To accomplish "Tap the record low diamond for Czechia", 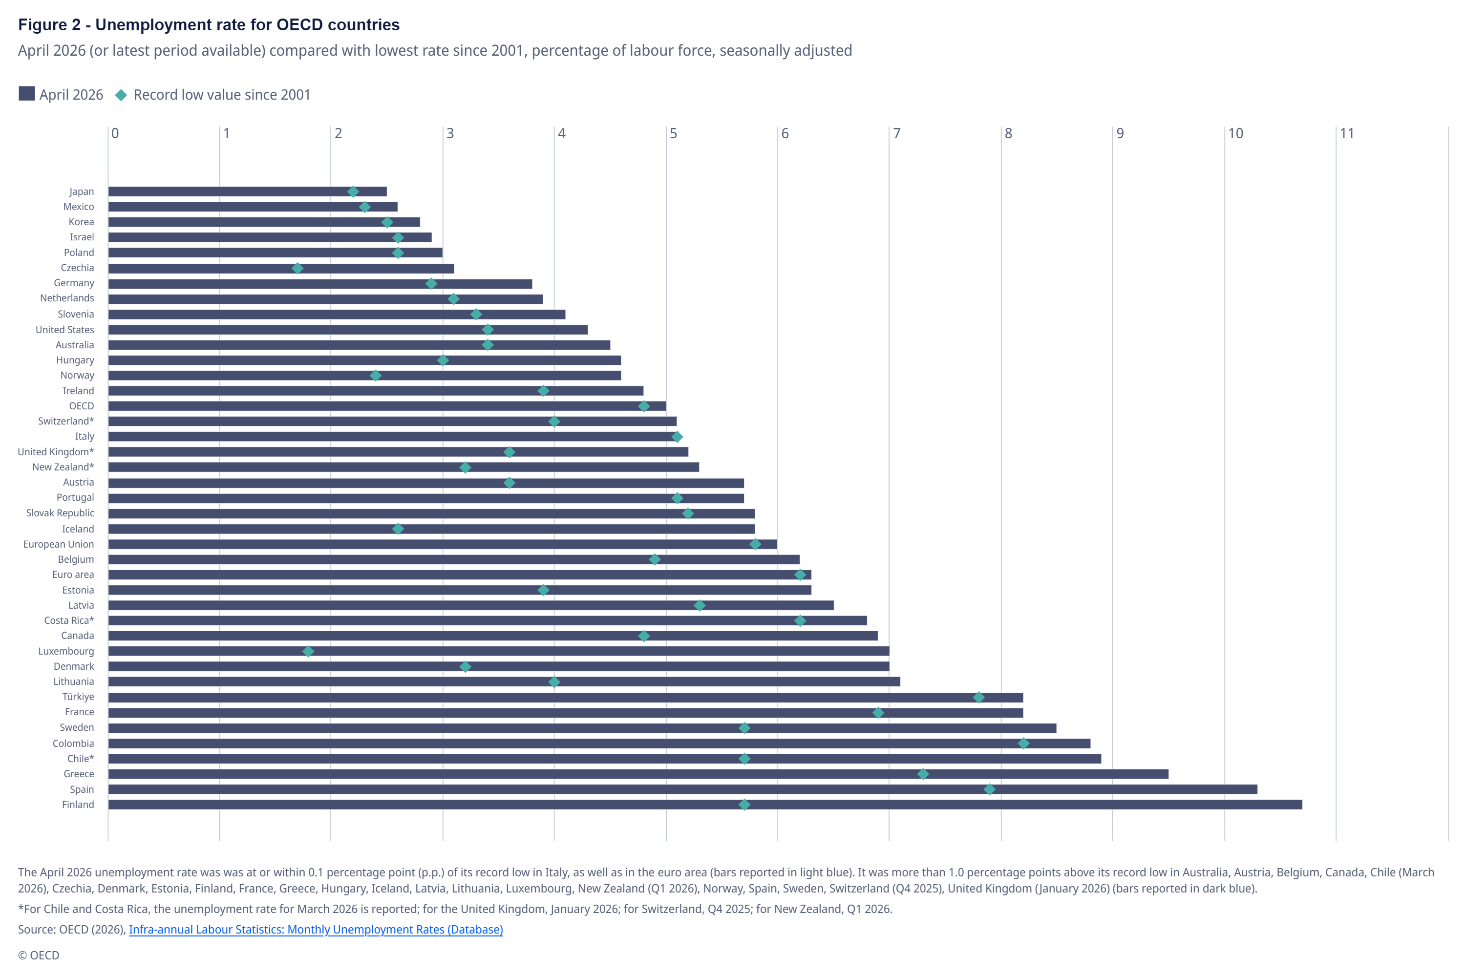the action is [298, 269].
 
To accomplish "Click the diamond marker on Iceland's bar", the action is [398, 529].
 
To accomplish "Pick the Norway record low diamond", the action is [376, 376].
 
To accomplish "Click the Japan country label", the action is [82, 192].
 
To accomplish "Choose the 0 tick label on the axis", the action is [115, 133].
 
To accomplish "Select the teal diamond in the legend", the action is [122, 95].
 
